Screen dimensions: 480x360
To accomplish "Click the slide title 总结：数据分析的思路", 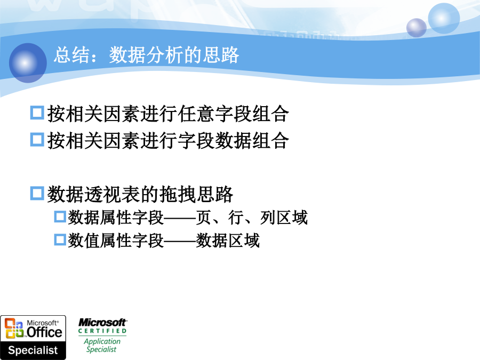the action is coord(146,55).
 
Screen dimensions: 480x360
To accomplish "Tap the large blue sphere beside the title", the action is coord(28,63).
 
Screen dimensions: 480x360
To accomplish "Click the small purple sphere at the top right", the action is coord(417,28).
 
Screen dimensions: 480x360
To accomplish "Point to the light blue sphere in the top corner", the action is coord(444,18).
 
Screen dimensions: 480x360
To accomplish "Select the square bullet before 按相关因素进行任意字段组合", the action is coord(37,113).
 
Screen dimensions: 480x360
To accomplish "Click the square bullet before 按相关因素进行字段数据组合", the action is coord(37,139).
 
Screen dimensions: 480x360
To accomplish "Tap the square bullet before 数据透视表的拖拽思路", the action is coord(37,193).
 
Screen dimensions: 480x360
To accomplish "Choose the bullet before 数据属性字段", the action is coord(60,217).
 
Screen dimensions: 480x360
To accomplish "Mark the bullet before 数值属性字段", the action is coord(60,239).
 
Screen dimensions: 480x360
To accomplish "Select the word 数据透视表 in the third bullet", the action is coord(94,194).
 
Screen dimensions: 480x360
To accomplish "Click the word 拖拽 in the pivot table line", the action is coord(178,194).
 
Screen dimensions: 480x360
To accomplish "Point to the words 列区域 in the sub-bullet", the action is coord(284,218).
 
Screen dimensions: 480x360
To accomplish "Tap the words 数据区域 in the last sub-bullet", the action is coord(228,241).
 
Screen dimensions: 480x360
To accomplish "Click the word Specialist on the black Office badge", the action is coord(33,350).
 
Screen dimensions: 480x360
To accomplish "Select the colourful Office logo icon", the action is coord(14,329).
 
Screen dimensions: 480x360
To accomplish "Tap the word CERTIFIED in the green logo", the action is coord(102,331).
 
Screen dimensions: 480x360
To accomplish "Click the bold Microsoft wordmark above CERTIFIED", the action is coord(102,322).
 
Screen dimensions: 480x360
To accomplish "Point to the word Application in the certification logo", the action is coord(102,341).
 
